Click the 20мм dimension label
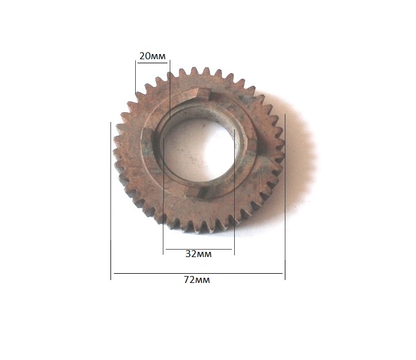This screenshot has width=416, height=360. (x=152, y=56)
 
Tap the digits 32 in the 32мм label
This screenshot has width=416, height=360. (x=191, y=254)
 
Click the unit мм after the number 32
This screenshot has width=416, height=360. (x=204, y=255)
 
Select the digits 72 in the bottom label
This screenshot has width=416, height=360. (x=189, y=279)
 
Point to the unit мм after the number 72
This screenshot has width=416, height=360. (x=203, y=281)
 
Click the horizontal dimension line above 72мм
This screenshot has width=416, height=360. (x=198, y=273)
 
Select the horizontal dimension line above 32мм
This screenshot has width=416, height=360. (x=199, y=249)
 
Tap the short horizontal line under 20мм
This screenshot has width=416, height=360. (x=152, y=63)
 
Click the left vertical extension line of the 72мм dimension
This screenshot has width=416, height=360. (x=110, y=201)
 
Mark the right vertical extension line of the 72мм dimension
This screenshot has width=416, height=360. (x=285, y=197)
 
